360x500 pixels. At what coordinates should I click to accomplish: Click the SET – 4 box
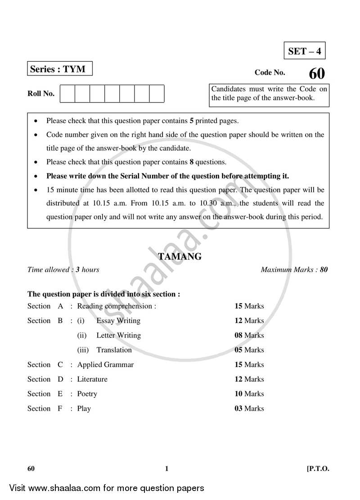305,51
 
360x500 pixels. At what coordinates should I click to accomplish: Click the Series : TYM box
59,69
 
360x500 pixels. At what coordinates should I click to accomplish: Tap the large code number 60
316,74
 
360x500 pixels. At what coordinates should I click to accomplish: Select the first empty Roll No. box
67,94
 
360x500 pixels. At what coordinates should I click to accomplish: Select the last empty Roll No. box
157,94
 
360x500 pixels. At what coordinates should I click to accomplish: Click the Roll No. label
41,94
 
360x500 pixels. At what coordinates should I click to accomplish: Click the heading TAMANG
180,257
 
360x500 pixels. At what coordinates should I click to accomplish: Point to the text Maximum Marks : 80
294,270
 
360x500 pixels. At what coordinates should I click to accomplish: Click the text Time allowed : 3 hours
63,270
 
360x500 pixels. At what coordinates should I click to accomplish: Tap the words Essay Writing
118,321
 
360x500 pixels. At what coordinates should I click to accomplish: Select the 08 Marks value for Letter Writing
249,335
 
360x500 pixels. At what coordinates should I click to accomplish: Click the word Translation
114,350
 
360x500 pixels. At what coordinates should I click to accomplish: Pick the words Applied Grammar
105,364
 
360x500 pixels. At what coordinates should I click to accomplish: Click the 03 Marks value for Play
249,409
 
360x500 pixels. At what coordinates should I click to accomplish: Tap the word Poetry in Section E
87,394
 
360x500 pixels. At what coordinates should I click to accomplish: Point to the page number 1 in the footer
166,469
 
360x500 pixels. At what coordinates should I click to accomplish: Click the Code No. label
270,72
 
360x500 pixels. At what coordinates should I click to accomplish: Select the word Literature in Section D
92,379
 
